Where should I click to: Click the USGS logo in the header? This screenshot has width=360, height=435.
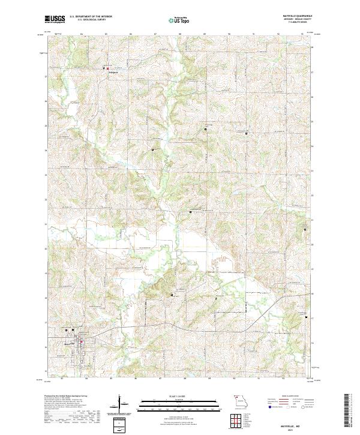pyautogui.click(x=55, y=19)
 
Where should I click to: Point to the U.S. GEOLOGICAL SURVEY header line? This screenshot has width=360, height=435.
pyautogui.click(x=84, y=20)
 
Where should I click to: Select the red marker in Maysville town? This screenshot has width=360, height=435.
pyautogui.click(x=66, y=329)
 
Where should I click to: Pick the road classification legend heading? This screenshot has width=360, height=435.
pyautogui.click(x=283, y=397)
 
